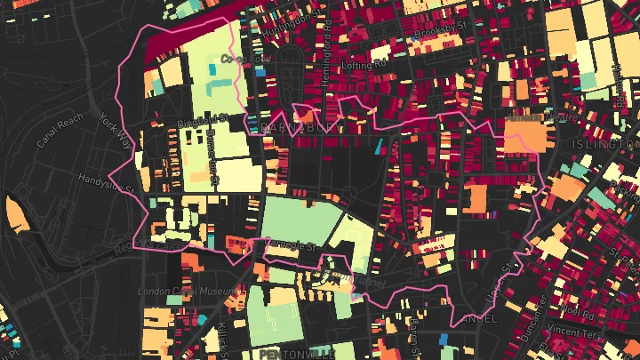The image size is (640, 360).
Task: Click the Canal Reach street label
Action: pos(60,130)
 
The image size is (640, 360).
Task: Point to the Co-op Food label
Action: pos(244,59)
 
